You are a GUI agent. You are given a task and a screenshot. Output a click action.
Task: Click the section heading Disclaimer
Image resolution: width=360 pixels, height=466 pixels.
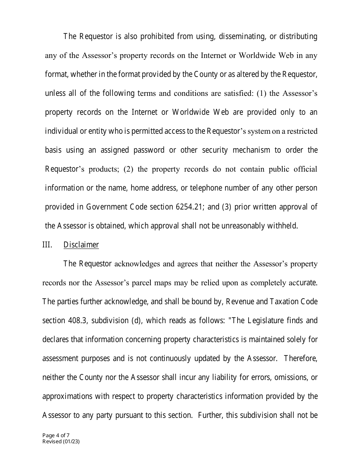(81, 245)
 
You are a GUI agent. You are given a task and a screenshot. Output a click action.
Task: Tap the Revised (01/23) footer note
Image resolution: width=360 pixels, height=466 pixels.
(61, 441)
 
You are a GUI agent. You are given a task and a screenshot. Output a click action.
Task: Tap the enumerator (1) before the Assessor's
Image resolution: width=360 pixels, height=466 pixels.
(262, 93)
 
